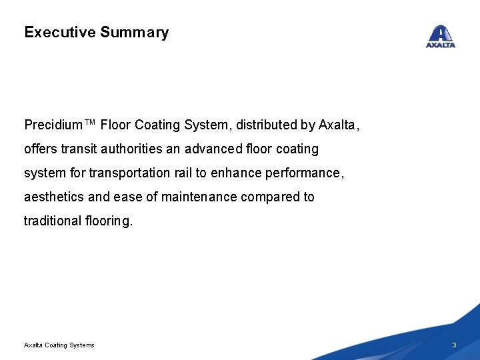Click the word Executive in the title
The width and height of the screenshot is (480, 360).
(x=60, y=32)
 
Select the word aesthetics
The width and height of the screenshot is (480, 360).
(x=52, y=197)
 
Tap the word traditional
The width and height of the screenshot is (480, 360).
(x=52, y=221)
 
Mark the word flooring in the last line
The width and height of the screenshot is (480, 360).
(x=109, y=221)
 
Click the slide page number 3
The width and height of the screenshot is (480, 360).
(x=454, y=345)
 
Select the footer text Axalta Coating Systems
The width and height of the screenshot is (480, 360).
(x=59, y=345)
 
